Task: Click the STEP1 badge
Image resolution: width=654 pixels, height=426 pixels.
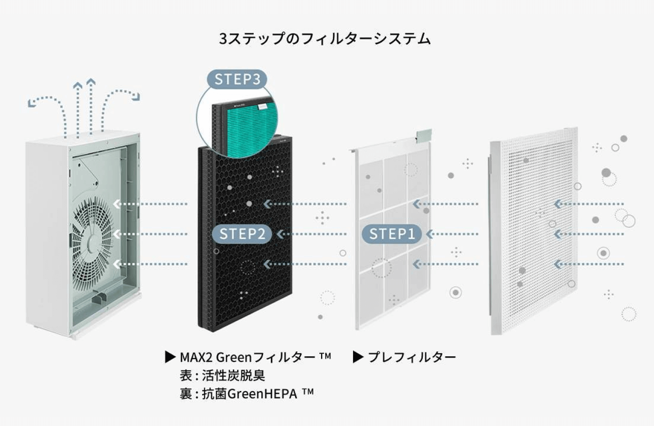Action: click(391, 234)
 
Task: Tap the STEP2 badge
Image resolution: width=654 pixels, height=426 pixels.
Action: click(242, 234)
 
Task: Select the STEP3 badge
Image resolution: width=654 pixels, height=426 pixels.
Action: click(237, 79)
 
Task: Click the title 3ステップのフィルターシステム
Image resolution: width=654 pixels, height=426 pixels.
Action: click(325, 38)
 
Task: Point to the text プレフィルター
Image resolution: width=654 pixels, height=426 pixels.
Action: click(411, 357)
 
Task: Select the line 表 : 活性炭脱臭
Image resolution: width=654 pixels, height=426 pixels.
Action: click(222, 375)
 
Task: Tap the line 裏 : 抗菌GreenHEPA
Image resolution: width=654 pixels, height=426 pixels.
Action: click(247, 394)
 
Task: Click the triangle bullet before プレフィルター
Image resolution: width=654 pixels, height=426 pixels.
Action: click(358, 357)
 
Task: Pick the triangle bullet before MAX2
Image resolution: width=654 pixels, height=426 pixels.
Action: click(170, 357)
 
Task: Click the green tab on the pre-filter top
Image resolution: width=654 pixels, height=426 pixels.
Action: click(424, 135)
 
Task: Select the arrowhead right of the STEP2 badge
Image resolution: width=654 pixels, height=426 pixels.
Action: click(281, 234)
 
